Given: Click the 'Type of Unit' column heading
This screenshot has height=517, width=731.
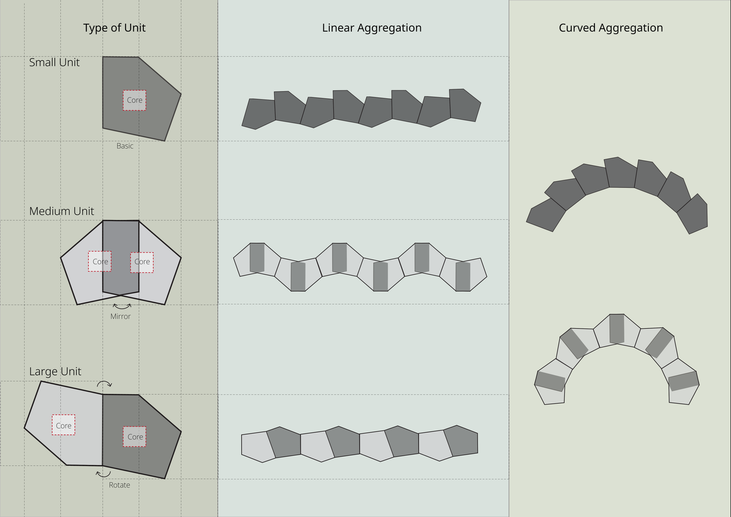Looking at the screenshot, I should coord(114,28).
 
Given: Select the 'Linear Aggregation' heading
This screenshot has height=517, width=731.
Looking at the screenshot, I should coord(371,28).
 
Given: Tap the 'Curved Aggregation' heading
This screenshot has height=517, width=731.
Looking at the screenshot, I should coord(610,28).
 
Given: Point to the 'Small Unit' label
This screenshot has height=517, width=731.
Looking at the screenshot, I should coord(54,63).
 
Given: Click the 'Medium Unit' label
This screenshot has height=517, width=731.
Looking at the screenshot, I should coord(62,211).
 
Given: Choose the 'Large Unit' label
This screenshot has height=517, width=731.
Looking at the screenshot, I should coord(55,372).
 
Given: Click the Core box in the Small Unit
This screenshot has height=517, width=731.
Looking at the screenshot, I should coord(134,100).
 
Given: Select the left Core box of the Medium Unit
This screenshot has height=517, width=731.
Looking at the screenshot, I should coord(100,261).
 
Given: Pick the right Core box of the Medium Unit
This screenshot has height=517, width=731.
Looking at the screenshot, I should coord(142,262).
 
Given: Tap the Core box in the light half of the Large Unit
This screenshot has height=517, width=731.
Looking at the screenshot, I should coord(64,425).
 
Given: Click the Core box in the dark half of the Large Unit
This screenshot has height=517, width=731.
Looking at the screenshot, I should coord(135,437).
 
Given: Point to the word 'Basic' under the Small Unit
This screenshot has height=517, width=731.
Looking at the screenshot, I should coord(125,146).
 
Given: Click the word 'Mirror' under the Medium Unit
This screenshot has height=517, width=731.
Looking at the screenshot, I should coord(120,316).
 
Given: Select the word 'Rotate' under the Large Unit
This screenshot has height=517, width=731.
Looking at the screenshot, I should coord(119,485).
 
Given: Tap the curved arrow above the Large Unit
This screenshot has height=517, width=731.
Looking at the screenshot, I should coord(104,384).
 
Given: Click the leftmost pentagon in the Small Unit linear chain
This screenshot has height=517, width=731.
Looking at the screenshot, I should coord(259,113).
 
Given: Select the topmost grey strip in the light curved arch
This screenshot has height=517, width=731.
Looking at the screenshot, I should coord(617,328).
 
